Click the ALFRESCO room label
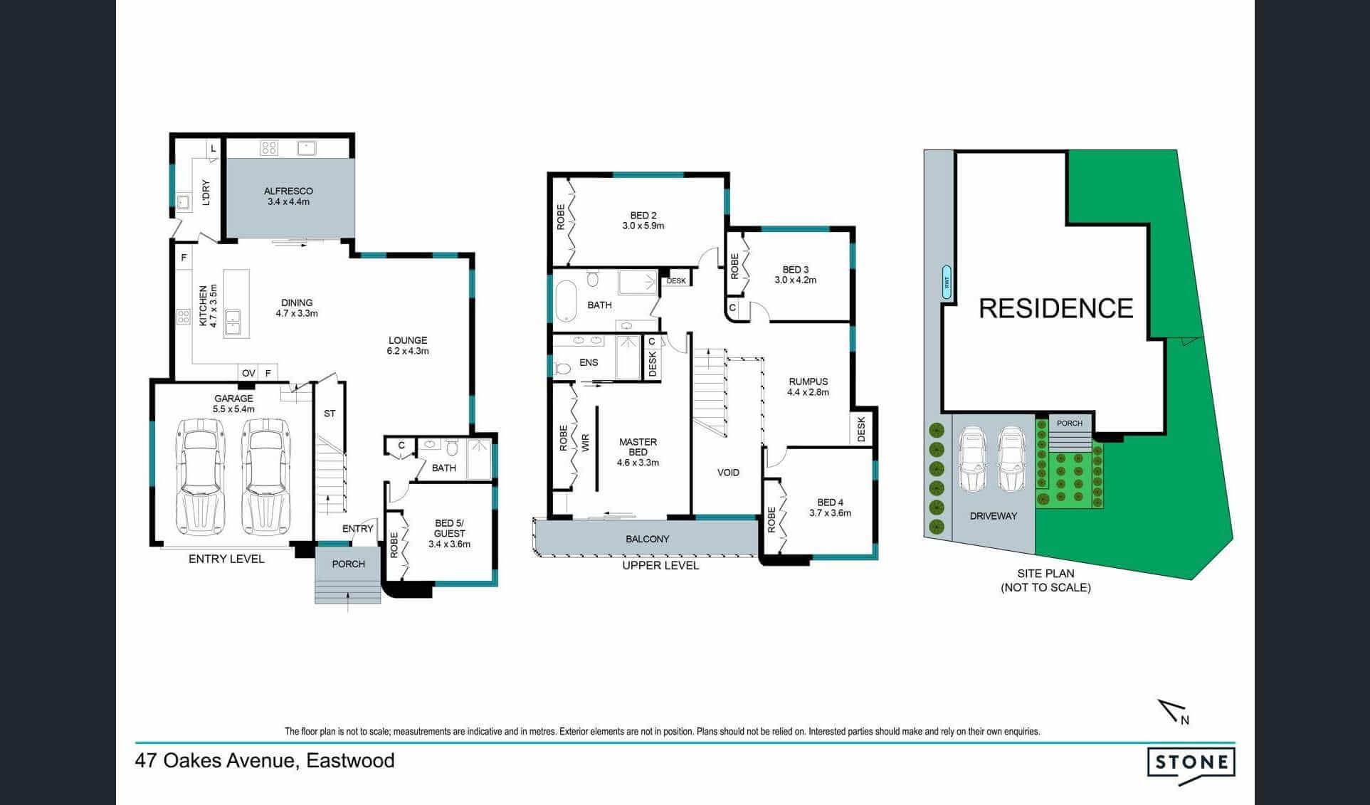pos(288,191)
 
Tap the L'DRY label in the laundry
pos(206,192)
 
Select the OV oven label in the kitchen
pos(248,373)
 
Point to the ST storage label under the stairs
pos(330,414)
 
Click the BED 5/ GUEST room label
pos(449,528)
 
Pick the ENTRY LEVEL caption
pos(226,559)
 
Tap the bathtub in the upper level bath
pos(566,299)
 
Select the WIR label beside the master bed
pos(586,443)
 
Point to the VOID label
pos(728,473)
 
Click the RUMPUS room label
pos(808,382)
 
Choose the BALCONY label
pos(648,540)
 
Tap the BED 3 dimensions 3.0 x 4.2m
pos(796,280)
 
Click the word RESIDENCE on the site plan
pos(1056,308)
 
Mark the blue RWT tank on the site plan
pos(947,282)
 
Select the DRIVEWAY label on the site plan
pos(994,516)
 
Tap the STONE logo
pos(1191,764)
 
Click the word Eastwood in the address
pos(350,761)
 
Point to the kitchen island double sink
pos(232,322)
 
